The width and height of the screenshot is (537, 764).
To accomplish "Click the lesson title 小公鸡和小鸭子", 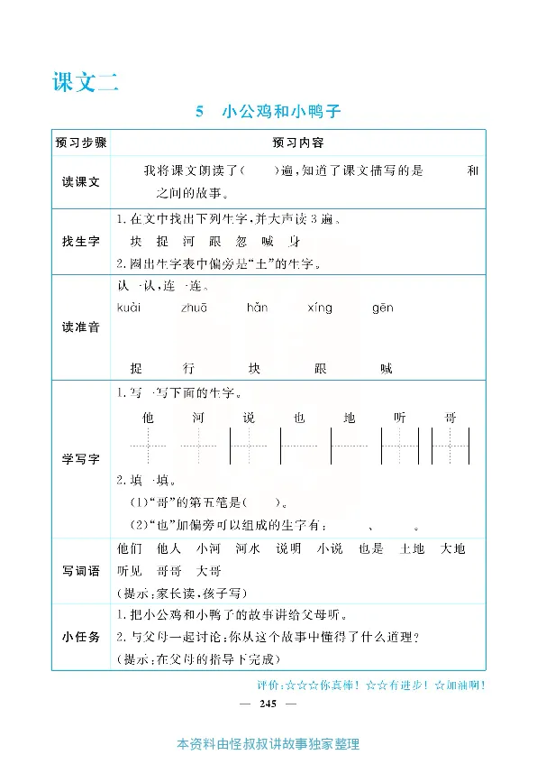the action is [283, 113].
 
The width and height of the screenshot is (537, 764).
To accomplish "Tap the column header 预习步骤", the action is [81, 143].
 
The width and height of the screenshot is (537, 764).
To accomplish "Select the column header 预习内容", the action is [298, 143].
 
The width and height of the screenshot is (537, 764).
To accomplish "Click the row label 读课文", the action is [81, 181].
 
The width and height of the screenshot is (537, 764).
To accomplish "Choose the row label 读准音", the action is [81, 327].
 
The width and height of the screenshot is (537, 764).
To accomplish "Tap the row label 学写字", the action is [81, 459].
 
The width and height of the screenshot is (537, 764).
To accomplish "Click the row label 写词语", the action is [81, 571].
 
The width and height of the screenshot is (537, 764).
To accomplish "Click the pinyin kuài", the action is [129, 308].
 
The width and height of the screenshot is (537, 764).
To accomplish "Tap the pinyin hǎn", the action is [258, 308].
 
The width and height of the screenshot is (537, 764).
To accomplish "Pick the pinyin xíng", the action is [320, 308].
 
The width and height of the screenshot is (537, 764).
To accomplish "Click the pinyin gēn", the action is [382, 308].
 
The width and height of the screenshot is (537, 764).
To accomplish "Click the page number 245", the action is [267, 703].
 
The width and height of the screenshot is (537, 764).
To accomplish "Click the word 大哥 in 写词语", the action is [208, 571].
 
